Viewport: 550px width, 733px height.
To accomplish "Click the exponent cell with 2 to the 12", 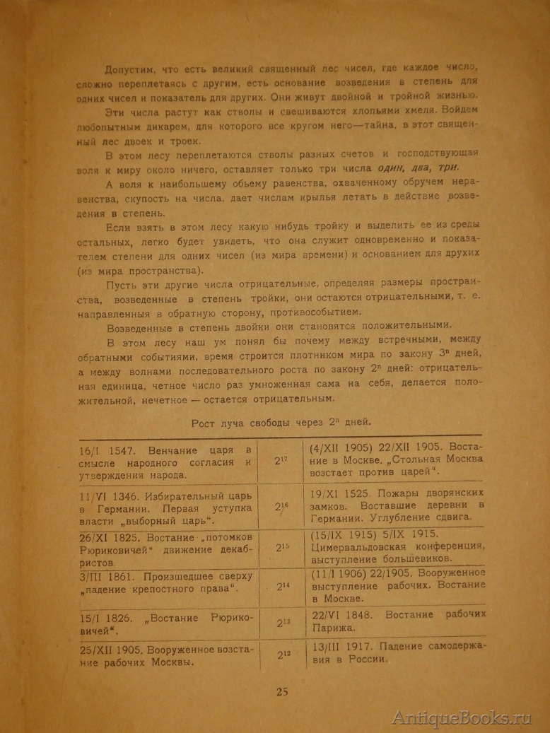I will click(x=281, y=656).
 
